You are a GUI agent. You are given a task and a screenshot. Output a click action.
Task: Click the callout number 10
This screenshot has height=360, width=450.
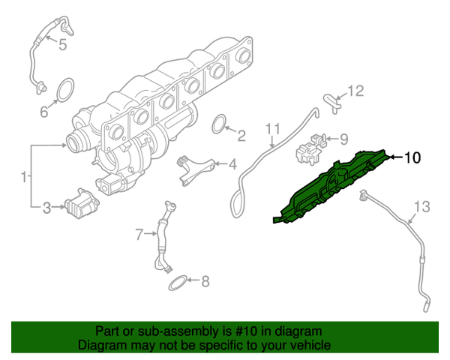(413, 157)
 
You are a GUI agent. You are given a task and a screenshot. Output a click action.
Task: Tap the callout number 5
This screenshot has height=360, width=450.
(62, 45)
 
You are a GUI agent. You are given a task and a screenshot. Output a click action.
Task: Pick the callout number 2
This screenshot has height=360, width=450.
(241, 136)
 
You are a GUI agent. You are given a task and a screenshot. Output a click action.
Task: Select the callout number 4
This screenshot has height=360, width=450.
(232, 163)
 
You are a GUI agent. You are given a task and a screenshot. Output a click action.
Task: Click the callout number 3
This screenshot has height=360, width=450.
(46, 207)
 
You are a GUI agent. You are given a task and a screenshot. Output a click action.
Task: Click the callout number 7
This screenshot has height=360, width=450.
(139, 235)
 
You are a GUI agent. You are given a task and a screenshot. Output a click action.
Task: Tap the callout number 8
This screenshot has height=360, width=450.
(206, 282)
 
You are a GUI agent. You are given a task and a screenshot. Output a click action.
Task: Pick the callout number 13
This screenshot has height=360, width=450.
(423, 205)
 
